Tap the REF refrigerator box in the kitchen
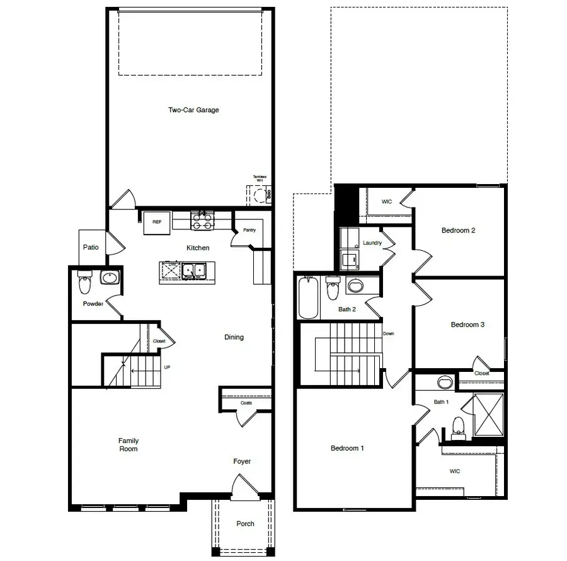[x=156, y=223]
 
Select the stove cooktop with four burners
[x=202, y=221]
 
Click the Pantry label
[x=249, y=230]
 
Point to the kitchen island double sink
[x=195, y=271]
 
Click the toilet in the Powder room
[x=84, y=284]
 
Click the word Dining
[x=234, y=337]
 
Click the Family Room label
[x=129, y=445]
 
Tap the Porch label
[x=245, y=524]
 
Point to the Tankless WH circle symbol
[x=258, y=196]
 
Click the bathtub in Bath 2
[x=309, y=299]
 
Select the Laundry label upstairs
[x=372, y=243]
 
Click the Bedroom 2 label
[x=458, y=231]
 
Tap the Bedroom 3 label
[x=467, y=325]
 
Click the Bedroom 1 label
[x=347, y=449]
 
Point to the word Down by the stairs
[x=389, y=333]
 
